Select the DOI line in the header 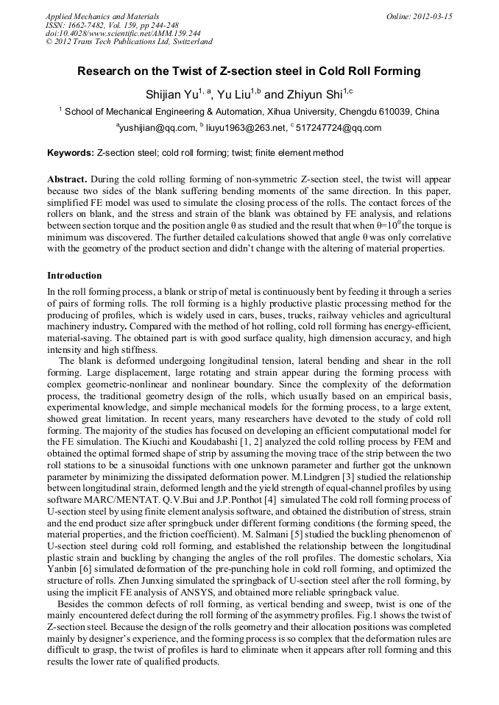123,33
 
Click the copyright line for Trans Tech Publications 129,42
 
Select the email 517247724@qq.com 339,128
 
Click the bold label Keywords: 71,153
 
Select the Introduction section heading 74,276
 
